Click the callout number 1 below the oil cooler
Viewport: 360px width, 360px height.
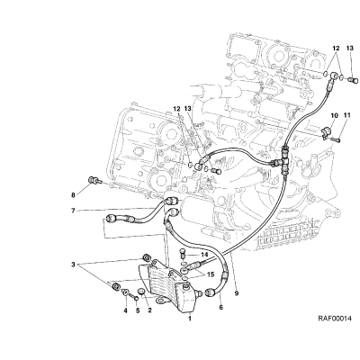pos(190,319)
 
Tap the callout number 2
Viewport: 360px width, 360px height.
pos(149,310)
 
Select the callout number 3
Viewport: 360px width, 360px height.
pos(73,265)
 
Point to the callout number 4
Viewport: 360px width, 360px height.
pos(126,310)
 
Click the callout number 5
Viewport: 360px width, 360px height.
pos(138,310)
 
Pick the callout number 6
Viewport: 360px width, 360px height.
pos(221,308)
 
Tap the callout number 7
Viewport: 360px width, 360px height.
pos(73,211)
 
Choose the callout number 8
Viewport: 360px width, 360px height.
pos(73,195)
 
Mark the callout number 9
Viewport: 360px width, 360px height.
pos(237,293)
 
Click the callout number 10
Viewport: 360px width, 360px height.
pos(335,115)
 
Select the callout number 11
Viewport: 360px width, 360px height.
pos(347,115)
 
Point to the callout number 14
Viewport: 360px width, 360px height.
pos(204,255)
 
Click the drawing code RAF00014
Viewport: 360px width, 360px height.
pos(335,319)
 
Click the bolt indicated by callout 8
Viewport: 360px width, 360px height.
pos(94,181)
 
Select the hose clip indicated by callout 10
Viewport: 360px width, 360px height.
pos(325,132)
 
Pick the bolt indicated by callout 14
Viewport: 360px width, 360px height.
pos(181,254)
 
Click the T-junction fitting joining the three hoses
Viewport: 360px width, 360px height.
pos(283,159)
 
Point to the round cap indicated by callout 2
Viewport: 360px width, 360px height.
pos(140,292)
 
